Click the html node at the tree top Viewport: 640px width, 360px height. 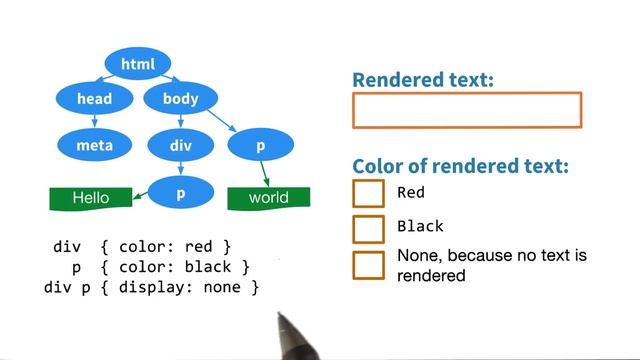point(139,65)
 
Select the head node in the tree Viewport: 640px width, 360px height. point(94,99)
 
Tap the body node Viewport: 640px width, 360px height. point(180,99)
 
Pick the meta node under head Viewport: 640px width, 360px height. point(94,146)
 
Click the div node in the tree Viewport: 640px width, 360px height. point(180,146)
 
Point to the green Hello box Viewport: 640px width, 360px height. point(91,198)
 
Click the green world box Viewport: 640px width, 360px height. point(268,198)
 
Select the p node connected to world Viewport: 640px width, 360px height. point(260,146)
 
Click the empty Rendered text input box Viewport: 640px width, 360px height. point(467,110)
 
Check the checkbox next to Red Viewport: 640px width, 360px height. point(368,193)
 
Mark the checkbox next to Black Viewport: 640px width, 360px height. point(368,228)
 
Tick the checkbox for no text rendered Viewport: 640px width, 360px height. point(368,265)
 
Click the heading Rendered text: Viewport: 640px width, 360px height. point(423,79)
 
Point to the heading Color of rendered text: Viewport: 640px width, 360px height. point(461,166)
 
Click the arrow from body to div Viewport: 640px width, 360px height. point(180,122)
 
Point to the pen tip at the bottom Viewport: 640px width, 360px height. point(280,318)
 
